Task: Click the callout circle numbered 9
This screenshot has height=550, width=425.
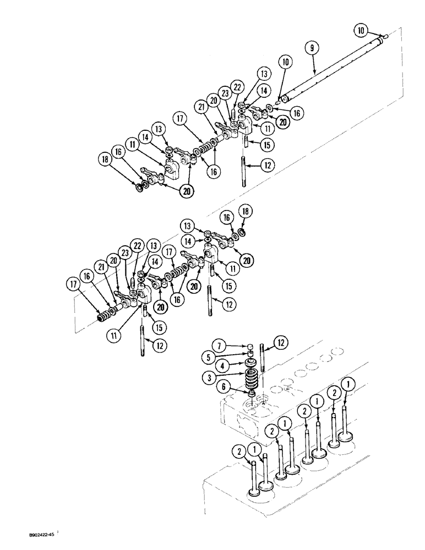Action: (312, 48)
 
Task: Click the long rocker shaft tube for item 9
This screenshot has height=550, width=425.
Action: (330, 69)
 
